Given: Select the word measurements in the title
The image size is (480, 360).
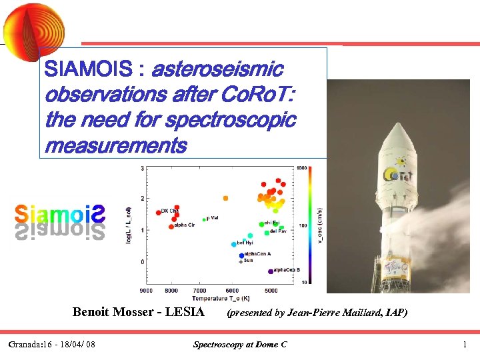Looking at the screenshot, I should [x=115, y=145].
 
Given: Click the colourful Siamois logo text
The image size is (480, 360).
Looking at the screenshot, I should [x=60, y=214].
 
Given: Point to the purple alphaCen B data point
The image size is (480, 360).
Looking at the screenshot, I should [x=271, y=271].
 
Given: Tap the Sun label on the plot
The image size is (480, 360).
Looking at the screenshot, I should [x=248, y=261].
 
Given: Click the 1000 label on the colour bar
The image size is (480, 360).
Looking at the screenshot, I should [x=303, y=168].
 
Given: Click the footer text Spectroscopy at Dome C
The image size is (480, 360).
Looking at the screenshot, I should [x=240, y=345].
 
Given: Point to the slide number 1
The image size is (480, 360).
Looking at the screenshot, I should [x=465, y=345].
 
